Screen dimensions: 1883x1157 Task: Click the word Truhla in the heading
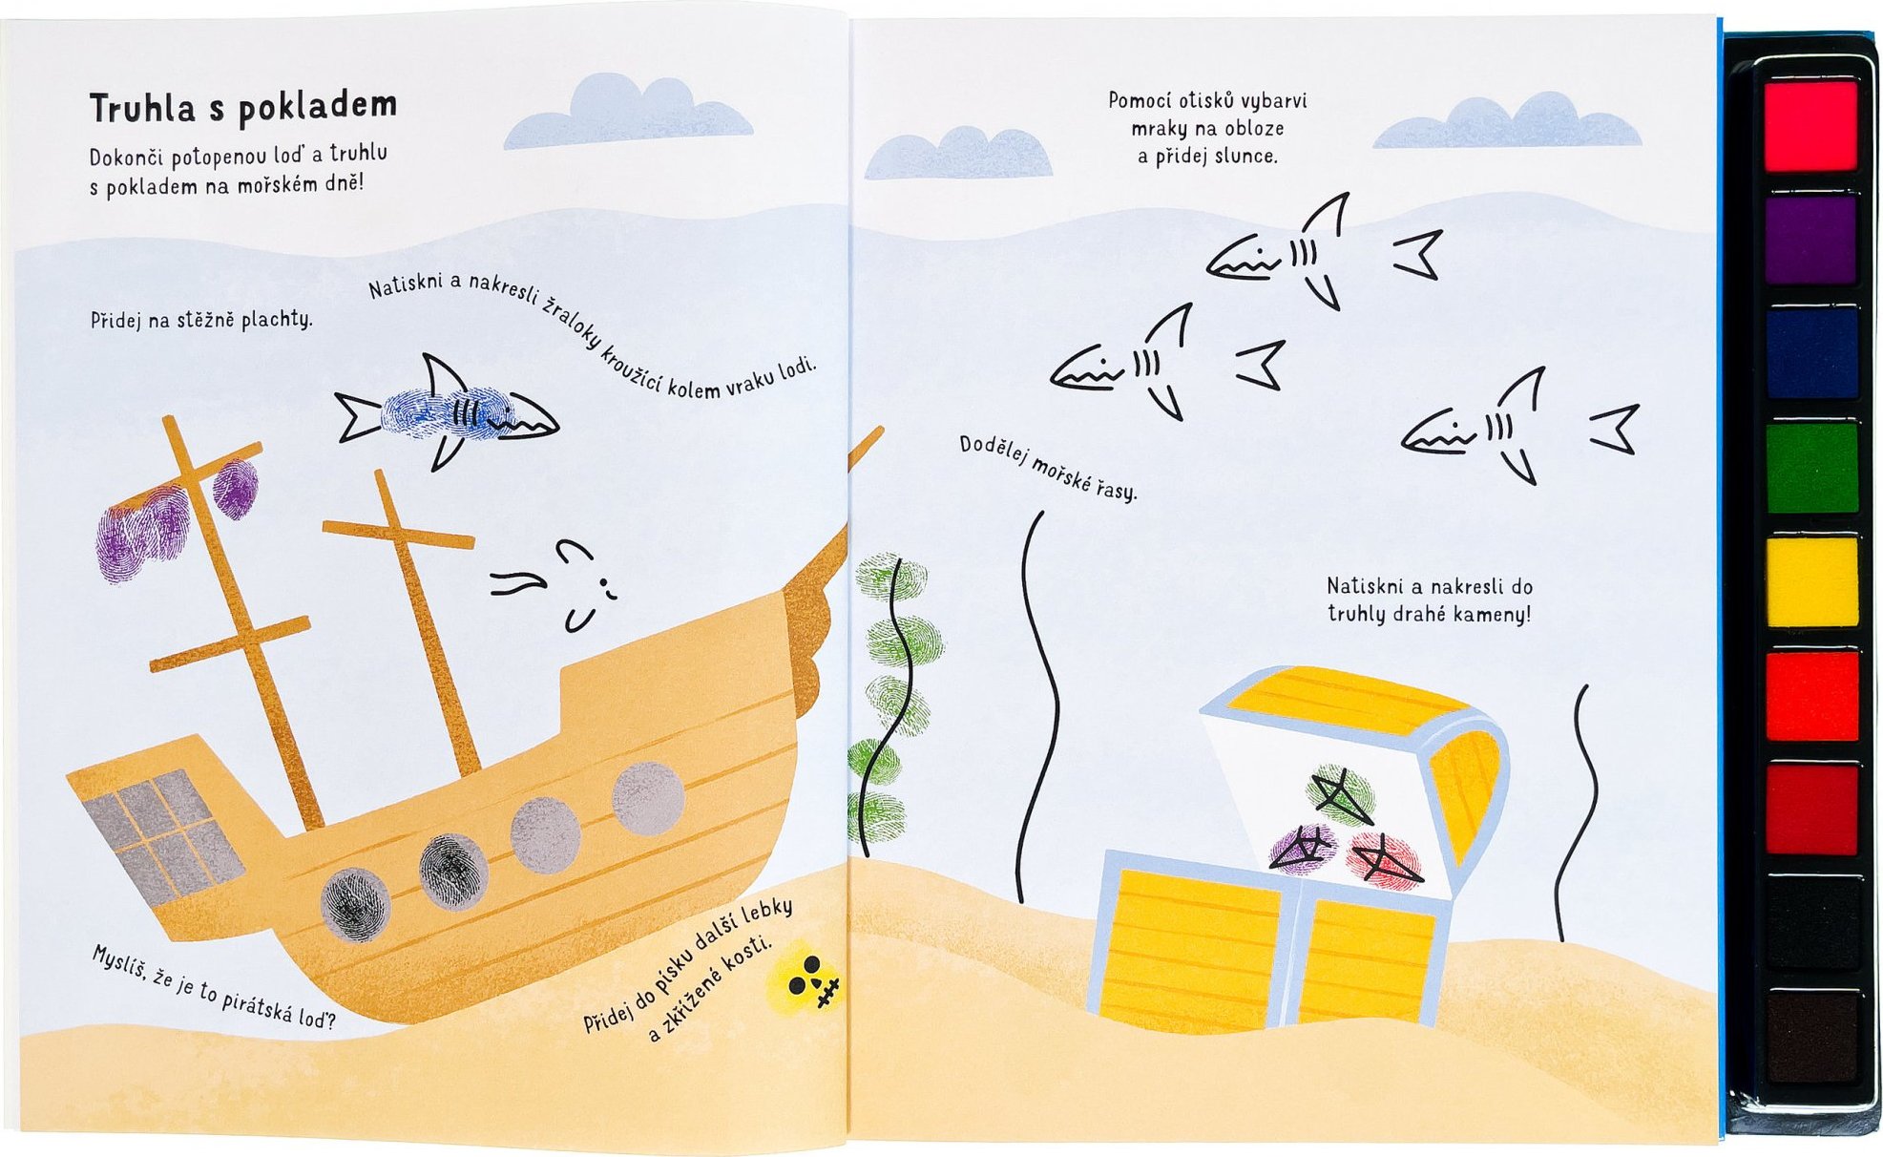click(x=142, y=108)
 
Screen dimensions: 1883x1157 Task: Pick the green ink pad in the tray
click(x=1810, y=468)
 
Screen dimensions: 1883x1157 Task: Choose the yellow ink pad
click(x=1810, y=581)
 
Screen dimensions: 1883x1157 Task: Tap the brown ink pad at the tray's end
click(x=1810, y=1037)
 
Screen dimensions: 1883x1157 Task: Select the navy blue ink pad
click(x=1810, y=352)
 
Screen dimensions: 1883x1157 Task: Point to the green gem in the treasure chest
click(x=1340, y=793)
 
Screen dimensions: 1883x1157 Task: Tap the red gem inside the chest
click(x=1383, y=858)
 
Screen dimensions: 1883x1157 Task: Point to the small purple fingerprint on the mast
click(x=235, y=488)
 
